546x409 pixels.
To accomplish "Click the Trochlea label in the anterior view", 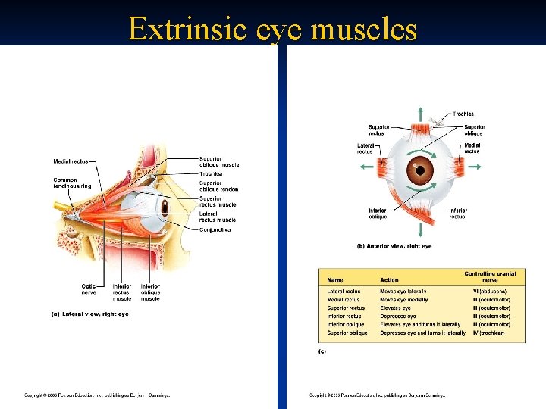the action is click(463, 114).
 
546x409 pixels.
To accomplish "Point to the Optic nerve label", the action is click(89, 289).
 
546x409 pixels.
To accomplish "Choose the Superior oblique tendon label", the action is click(218, 186).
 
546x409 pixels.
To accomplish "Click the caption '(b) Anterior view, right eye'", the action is click(394, 246).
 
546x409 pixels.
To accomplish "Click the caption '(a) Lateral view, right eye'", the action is click(89, 314).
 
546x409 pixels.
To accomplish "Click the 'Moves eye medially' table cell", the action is click(403, 300).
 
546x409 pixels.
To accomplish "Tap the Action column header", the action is click(389, 280).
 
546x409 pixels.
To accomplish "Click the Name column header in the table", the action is click(334, 280).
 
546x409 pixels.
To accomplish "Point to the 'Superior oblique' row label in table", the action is click(347, 333).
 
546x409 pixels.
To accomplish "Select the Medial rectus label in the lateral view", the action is click(71, 161).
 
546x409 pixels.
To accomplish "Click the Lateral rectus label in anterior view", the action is click(365, 148).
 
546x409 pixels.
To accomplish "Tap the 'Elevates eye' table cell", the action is click(396, 308).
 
